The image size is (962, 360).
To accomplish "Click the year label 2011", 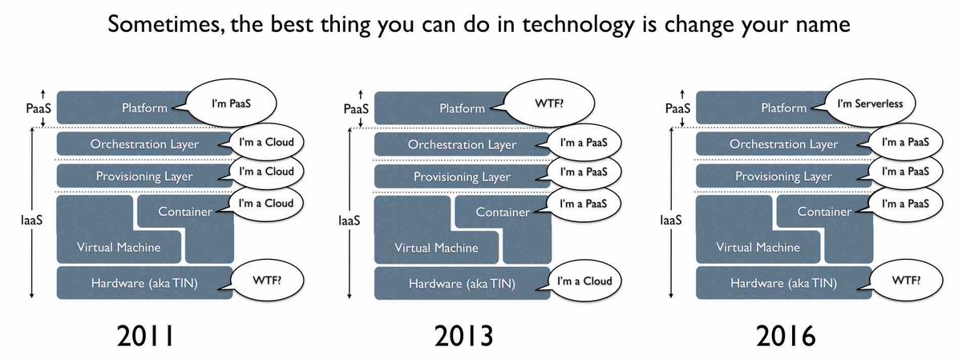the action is pos(145,334).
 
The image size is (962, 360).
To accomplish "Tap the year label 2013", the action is pos(463,334).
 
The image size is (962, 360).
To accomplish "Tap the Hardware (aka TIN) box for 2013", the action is pos(462,284).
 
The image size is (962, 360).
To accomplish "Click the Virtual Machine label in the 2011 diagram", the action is pos(118,247).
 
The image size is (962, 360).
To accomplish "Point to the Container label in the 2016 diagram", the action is pos(824,212).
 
